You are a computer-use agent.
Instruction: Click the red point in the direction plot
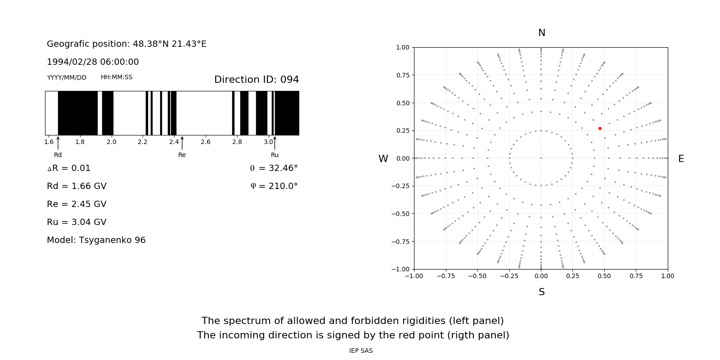point(600,129)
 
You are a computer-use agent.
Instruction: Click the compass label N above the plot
point(542,33)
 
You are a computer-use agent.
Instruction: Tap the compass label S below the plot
point(542,292)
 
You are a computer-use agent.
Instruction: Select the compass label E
point(681,159)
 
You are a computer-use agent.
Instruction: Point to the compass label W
point(383,159)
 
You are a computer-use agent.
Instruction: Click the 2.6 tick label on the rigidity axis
point(206,142)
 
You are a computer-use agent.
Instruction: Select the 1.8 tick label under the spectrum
point(80,142)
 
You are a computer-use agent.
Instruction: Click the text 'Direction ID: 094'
point(256,80)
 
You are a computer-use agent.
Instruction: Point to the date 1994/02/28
point(71,62)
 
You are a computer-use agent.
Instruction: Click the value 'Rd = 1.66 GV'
point(76,186)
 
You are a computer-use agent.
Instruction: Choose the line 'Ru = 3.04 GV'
point(76,222)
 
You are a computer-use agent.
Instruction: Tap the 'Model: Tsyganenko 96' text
point(96,240)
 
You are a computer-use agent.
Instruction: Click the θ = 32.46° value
point(274,168)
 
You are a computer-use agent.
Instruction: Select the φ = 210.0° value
point(274,186)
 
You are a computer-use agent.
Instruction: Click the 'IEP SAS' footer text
point(361,351)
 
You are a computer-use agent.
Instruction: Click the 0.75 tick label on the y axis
point(402,75)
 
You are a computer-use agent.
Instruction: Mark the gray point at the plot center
point(541,158)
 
